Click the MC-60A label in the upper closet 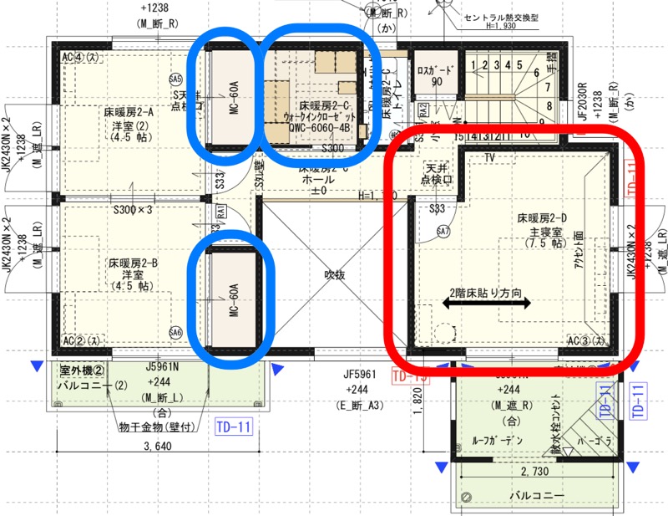click(234, 97)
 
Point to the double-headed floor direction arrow click(487, 306)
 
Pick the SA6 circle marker click(175, 332)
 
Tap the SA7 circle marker click(443, 231)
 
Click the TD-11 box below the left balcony click(234, 425)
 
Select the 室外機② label click(80, 369)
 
